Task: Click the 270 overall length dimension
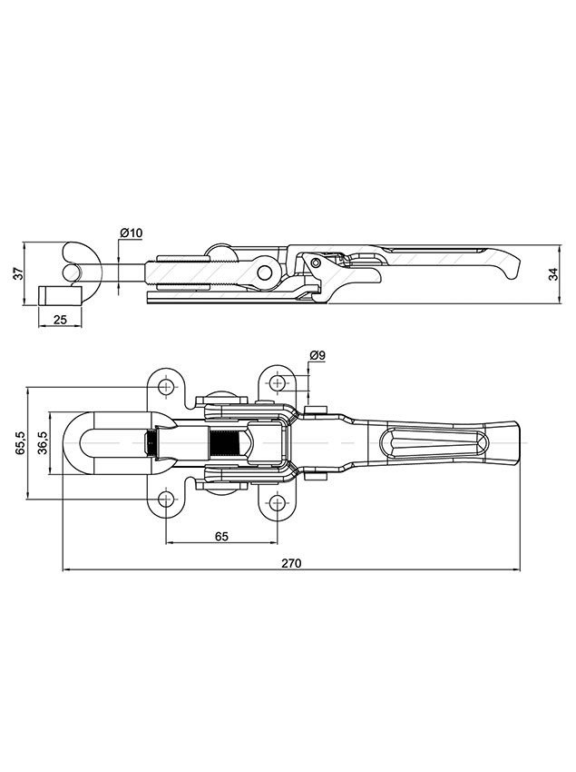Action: pyautogui.click(x=290, y=563)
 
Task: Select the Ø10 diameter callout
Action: pyautogui.click(x=132, y=233)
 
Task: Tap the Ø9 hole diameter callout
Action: pyautogui.click(x=317, y=354)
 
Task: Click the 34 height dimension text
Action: pyautogui.click(x=554, y=275)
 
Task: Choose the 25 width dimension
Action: pyautogui.click(x=61, y=319)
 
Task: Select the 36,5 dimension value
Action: pyautogui.click(x=42, y=443)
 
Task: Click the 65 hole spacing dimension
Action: pyautogui.click(x=221, y=537)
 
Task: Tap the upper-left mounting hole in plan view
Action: pyautogui.click(x=166, y=388)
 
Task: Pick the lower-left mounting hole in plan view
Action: pyautogui.click(x=166, y=499)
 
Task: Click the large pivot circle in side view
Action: pyautogui.click(x=265, y=271)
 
